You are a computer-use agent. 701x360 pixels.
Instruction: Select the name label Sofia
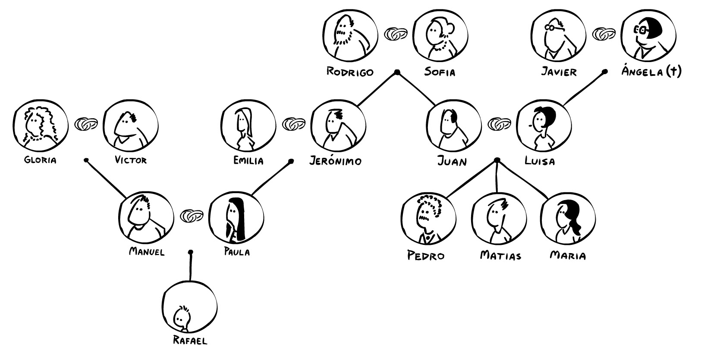(x=440, y=72)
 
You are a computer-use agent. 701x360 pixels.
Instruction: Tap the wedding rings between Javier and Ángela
(x=604, y=34)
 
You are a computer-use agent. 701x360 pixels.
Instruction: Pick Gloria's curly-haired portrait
(x=40, y=125)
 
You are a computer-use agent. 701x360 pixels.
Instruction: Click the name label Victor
(x=131, y=160)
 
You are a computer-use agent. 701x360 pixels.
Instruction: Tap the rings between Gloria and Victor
(x=86, y=124)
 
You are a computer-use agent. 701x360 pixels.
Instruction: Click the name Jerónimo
(x=336, y=161)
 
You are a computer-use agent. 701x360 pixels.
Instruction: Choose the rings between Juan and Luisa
(x=499, y=124)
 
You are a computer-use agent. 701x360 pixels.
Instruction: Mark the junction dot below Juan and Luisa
(x=497, y=160)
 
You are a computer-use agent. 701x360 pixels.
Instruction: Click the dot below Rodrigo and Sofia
(x=397, y=72)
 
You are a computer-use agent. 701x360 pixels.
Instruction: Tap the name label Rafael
(x=190, y=341)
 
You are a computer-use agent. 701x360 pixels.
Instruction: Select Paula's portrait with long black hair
(x=236, y=217)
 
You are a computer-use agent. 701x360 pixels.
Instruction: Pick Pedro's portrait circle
(x=428, y=218)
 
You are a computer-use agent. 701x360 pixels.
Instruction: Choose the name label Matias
(x=500, y=256)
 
